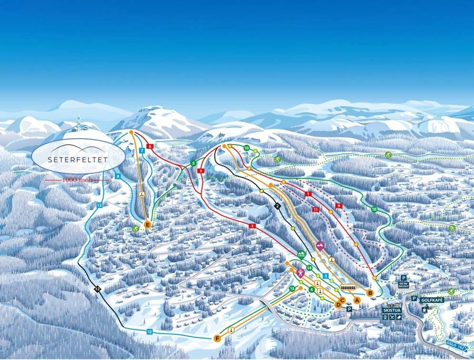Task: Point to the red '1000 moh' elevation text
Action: [x=78, y=180]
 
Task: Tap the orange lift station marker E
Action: [x=148, y=225]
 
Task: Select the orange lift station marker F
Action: [x=217, y=338]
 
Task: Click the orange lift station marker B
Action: [x=370, y=292]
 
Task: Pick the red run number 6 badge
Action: [x=150, y=146]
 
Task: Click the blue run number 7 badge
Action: [x=142, y=151]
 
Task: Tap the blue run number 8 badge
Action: [x=118, y=177]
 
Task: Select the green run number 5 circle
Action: [x=193, y=164]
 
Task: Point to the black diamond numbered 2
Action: [x=277, y=206]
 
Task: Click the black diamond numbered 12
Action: [x=97, y=289]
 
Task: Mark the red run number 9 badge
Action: [x=339, y=205]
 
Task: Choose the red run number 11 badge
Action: [x=315, y=210]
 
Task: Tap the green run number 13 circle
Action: [x=292, y=289]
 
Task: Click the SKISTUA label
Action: [x=392, y=310]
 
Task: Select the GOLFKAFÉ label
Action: [x=432, y=300]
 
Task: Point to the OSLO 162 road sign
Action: [x=455, y=347]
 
